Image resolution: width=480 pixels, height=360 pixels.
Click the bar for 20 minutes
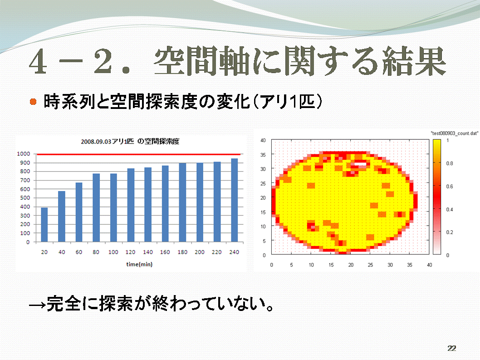click(44, 225)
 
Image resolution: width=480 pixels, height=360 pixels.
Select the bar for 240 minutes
click(234, 200)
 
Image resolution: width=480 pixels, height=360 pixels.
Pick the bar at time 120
click(131, 205)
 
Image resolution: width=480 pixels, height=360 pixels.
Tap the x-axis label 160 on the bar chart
click(165, 252)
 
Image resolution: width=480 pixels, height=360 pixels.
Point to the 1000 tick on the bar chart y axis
click(24, 154)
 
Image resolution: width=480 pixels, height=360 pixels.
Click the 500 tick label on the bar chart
click(25, 198)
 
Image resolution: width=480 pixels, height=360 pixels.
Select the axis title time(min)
click(139, 264)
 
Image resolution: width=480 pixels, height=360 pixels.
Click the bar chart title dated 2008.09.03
click(130, 141)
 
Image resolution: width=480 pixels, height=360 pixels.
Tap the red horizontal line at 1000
click(138, 154)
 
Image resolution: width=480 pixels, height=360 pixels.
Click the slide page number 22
click(451, 348)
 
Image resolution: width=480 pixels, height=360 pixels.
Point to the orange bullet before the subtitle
click(33, 101)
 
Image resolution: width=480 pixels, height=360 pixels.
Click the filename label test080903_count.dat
click(454, 133)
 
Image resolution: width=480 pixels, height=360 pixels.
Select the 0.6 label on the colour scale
click(450, 186)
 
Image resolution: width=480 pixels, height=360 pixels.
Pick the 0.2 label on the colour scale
click(450, 232)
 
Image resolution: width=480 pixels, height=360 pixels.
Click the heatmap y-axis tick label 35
click(263, 155)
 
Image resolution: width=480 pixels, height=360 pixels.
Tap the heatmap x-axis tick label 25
click(370, 265)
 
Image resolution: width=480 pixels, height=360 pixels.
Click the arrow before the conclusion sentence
click(37, 305)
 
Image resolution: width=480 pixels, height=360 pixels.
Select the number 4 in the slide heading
click(39, 61)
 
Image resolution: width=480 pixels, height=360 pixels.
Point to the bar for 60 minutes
click(79, 212)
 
